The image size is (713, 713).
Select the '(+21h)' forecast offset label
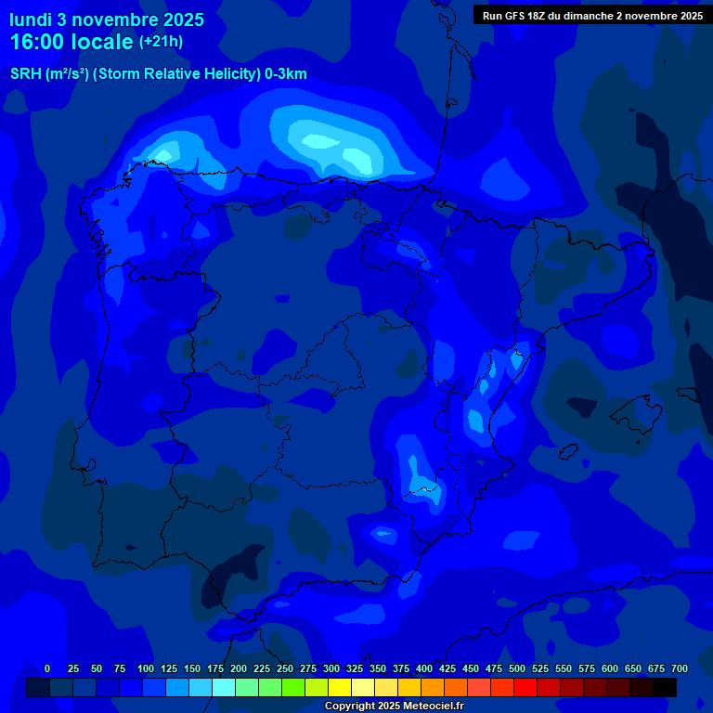tap(161, 41)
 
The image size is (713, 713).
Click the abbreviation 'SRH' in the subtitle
tap(26, 74)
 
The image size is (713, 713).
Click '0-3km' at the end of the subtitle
tap(287, 74)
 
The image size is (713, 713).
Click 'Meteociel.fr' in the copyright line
tap(428, 707)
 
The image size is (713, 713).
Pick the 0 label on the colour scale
tap(47, 668)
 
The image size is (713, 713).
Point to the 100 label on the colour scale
tap(146, 668)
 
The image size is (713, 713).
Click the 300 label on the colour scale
tap(331, 668)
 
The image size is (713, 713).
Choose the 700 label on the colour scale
tap(680, 668)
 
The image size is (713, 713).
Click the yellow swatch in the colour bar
tap(340, 687)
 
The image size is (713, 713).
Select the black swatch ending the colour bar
tap(665, 687)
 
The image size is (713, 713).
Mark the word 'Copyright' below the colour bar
tap(351, 707)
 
